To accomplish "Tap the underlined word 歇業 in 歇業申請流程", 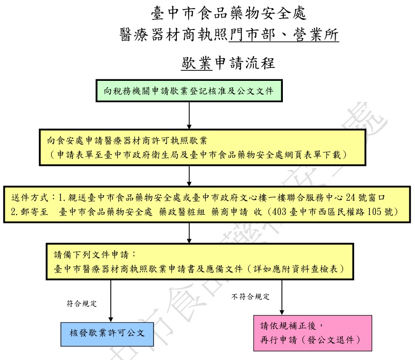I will click(196, 63).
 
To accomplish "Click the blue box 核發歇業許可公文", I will click(107, 332).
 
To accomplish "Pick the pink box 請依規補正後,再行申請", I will click(312, 333).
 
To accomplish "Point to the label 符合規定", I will click(82, 303).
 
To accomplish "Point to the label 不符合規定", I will click(251, 297).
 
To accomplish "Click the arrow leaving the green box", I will click(189, 115).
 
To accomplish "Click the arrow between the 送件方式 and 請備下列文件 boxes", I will click(189, 233).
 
